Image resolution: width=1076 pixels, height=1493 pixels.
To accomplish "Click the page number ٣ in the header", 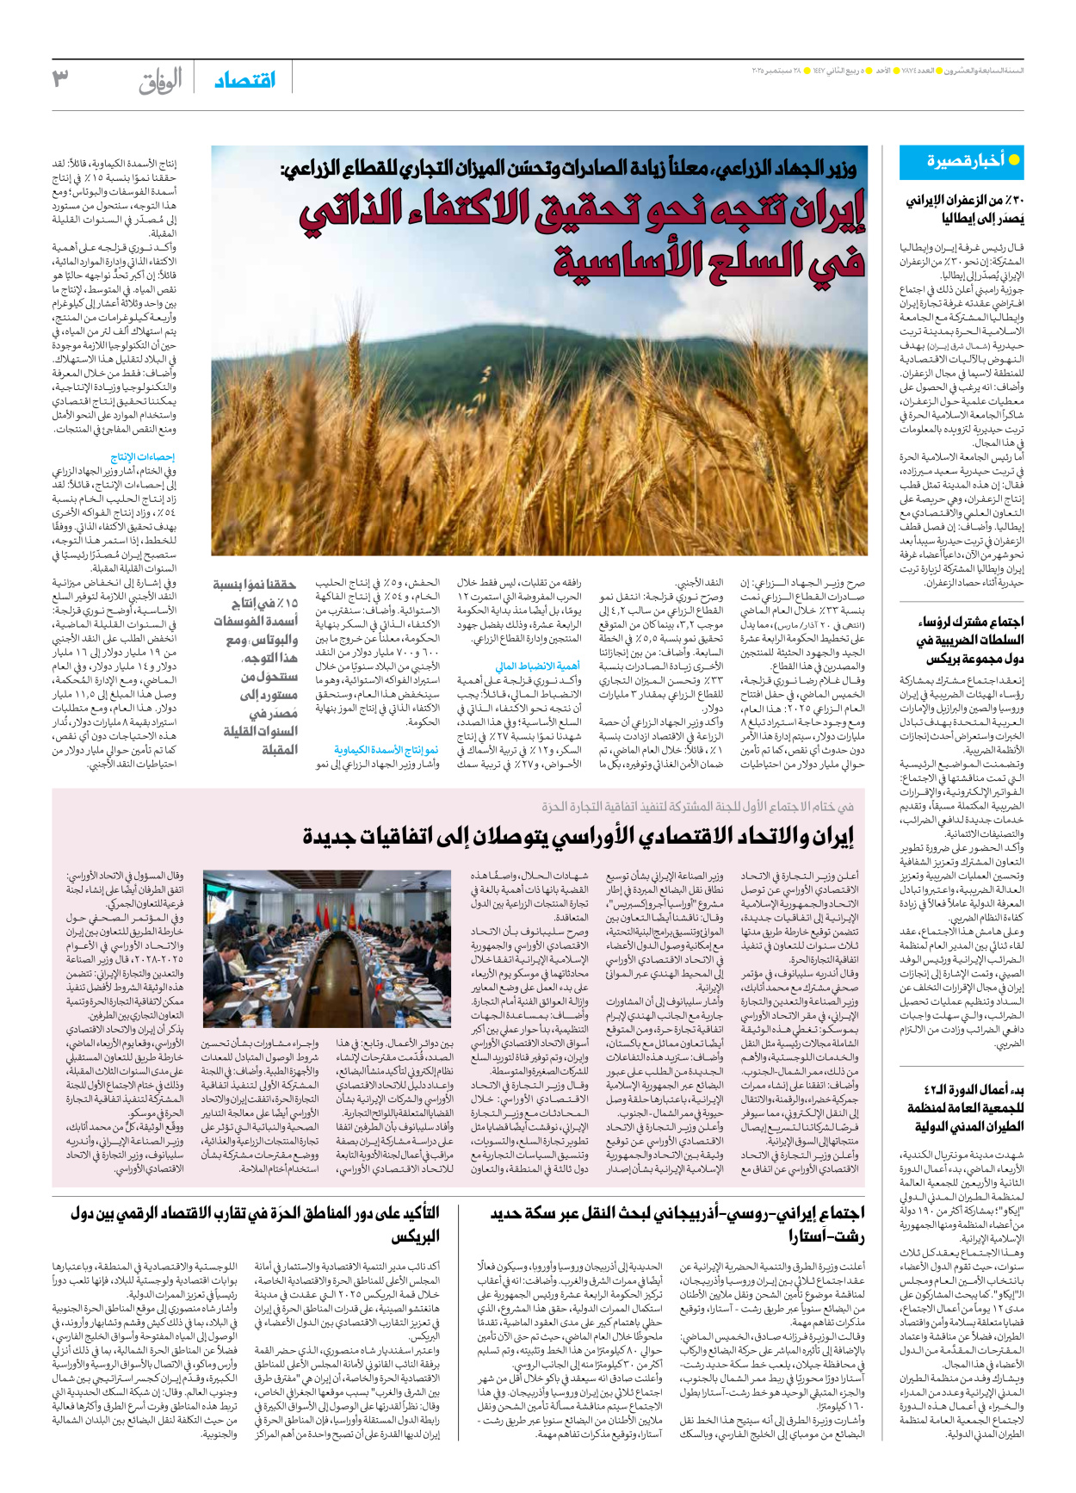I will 60,79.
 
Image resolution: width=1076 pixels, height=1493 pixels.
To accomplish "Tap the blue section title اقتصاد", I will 245,80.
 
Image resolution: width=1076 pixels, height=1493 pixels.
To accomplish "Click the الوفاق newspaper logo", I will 160,81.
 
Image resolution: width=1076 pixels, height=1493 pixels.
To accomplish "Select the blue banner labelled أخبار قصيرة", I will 962,161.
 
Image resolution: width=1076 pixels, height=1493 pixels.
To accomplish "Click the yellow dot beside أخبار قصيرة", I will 1014,160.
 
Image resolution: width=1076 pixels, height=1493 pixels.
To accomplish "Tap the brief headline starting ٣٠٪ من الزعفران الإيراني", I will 964,209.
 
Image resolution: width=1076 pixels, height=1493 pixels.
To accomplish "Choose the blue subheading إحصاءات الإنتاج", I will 143,456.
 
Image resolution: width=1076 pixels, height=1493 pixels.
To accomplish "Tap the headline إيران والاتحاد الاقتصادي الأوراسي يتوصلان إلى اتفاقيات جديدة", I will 578,836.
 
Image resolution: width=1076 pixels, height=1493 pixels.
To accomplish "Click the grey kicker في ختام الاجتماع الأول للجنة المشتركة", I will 697,807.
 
